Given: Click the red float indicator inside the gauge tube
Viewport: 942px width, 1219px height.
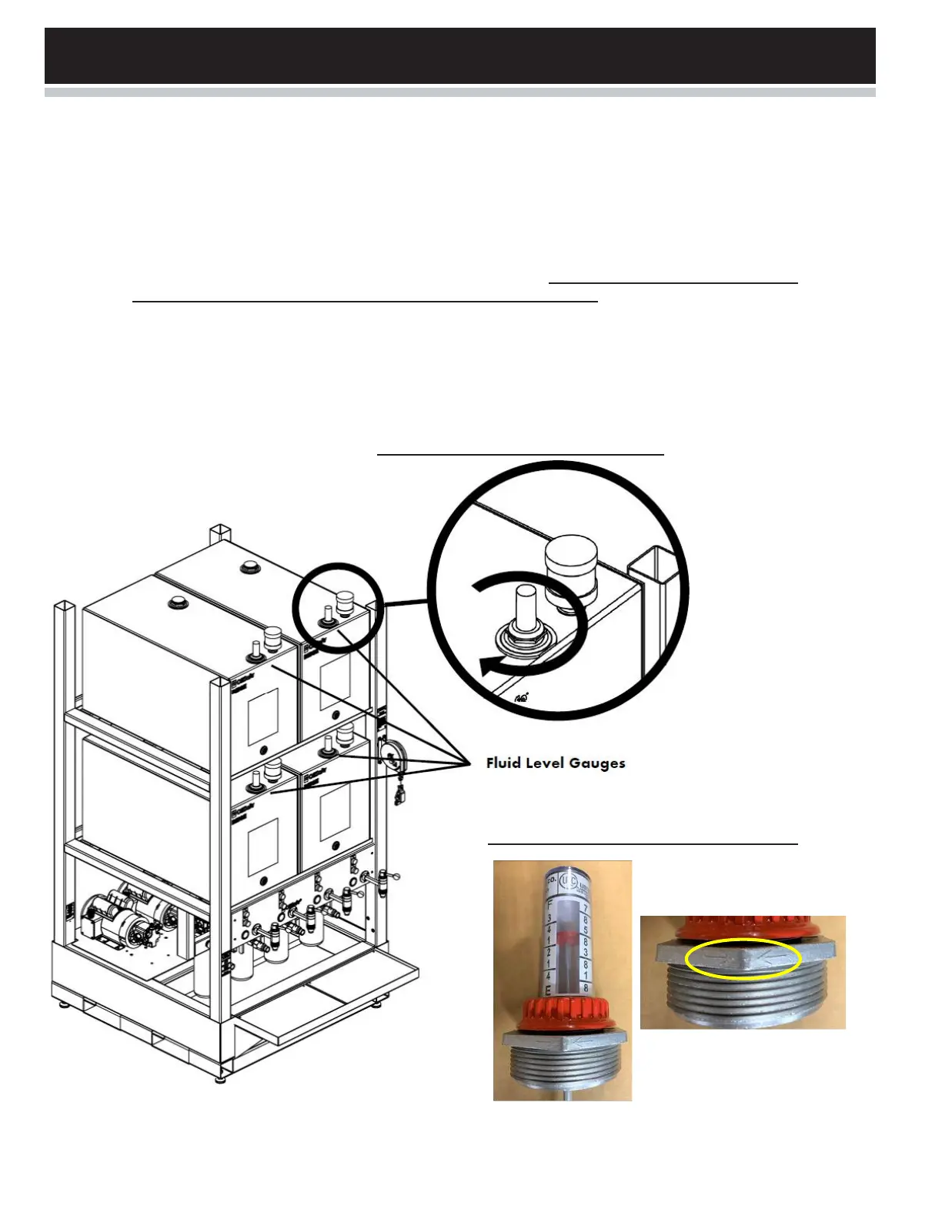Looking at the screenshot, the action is [x=566, y=937].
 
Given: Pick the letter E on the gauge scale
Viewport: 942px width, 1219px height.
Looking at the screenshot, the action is [x=549, y=990].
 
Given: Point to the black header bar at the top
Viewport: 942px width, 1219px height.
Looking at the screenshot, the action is [x=460, y=55].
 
